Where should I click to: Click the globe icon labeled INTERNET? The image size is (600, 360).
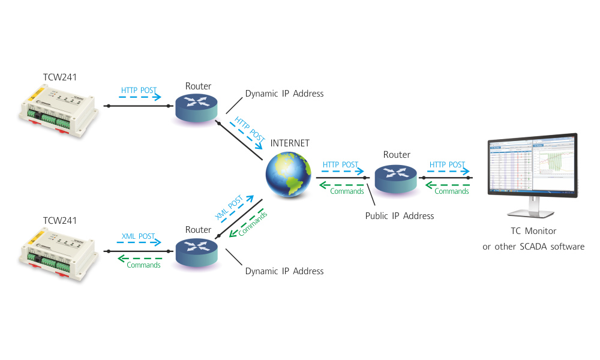coord(289,175)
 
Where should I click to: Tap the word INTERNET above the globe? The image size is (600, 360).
coord(290,143)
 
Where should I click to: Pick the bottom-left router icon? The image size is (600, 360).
coord(198,253)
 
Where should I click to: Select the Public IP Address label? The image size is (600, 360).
coord(399,216)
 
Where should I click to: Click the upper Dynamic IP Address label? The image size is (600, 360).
coord(284,94)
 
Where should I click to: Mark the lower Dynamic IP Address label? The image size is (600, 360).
coord(284,271)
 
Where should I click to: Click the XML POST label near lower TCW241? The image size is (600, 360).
coord(138,236)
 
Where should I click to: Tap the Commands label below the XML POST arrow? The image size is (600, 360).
coord(143,265)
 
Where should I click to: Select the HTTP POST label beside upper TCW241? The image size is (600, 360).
coord(139,91)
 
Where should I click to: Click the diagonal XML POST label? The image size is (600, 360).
coord(229,208)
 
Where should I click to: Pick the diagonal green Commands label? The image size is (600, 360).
coord(252,223)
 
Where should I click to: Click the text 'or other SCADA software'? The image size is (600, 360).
coord(533,247)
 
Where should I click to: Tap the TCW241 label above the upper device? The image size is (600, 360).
coord(59,77)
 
